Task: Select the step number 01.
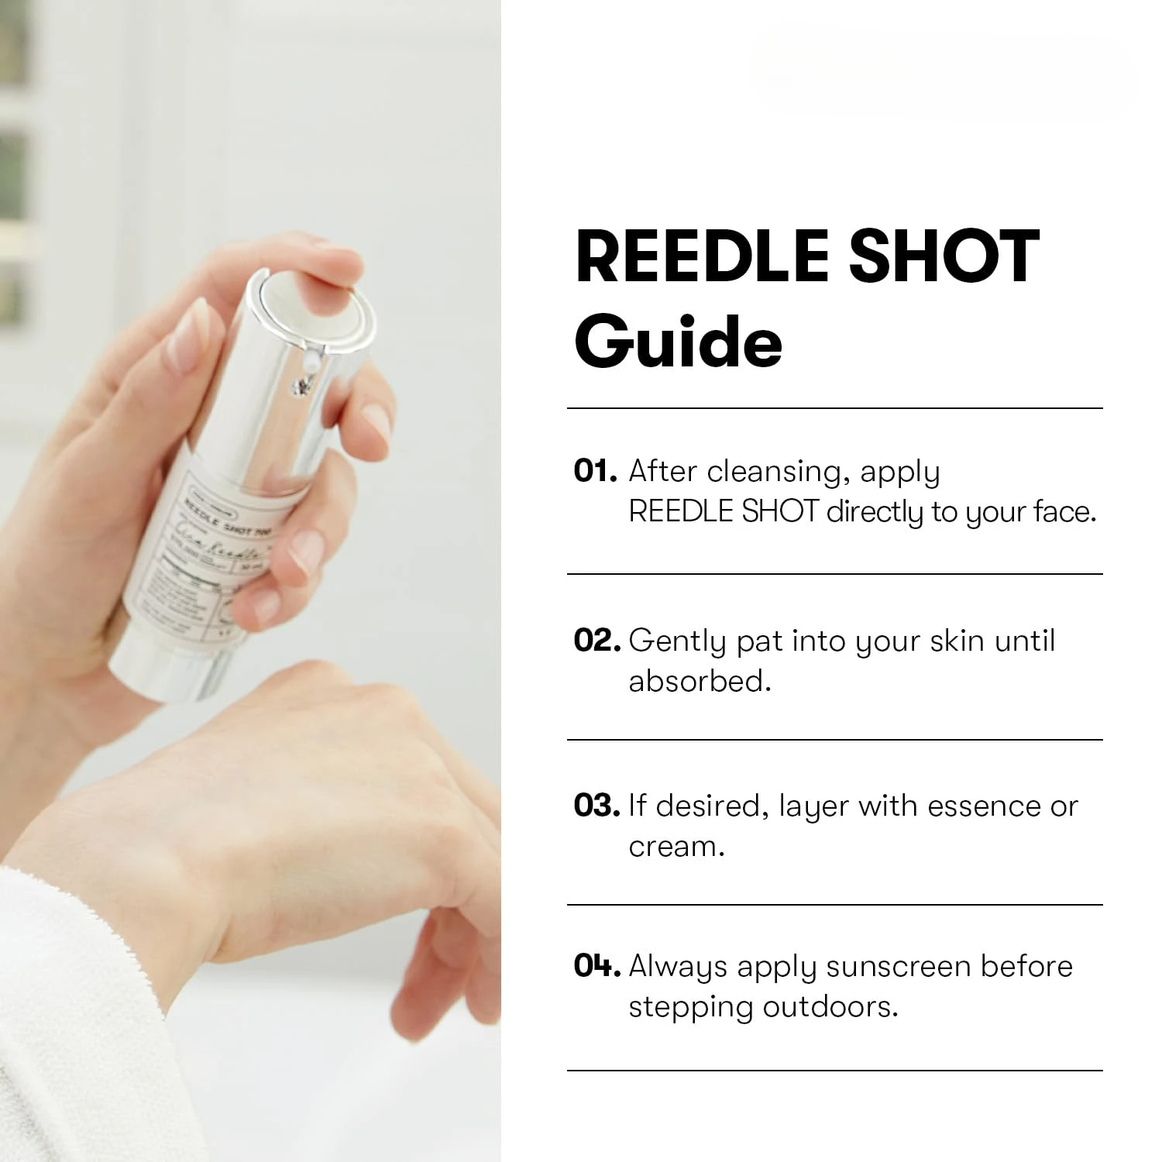pyautogui.click(x=593, y=471)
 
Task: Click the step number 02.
pyautogui.click(x=596, y=641)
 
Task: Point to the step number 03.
pyautogui.click(x=596, y=806)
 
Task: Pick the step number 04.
pyautogui.click(x=596, y=966)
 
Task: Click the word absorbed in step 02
pyautogui.click(x=699, y=681)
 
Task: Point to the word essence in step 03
pyautogui.click(x=984, y=806)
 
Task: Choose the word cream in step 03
pyautogui.click(x=676, y=847)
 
